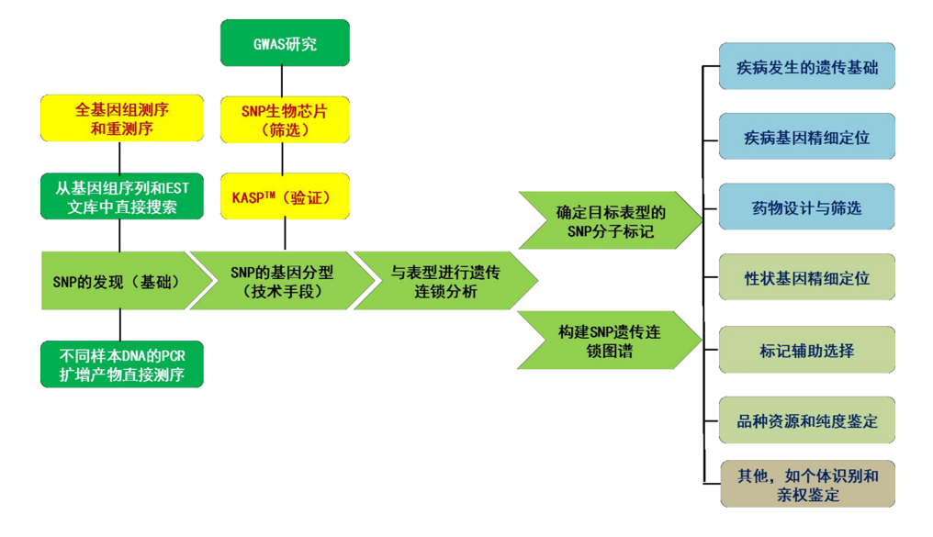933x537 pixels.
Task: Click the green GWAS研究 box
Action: point(285,43)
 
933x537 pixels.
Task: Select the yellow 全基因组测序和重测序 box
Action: point(121,118)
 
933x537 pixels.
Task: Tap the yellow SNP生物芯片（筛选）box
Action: point(285,119)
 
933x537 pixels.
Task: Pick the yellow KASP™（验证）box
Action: point(285,196)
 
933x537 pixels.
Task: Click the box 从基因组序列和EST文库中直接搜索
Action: point(121,196)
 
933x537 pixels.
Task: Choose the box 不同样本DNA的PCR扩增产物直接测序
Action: point(121,364)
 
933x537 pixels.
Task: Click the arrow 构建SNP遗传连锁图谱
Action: point(606,340)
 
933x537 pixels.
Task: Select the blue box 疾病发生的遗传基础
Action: point(806,67)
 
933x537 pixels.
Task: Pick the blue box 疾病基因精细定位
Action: point(806,138)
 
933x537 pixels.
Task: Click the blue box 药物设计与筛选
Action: point(806,207)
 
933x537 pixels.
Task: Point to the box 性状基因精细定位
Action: point(806,277)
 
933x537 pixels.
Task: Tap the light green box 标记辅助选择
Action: point(806,350)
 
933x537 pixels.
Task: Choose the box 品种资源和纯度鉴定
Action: point(806,420)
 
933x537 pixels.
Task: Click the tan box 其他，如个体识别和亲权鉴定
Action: point(806,485)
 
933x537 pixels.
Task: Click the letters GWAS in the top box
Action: point(270,43)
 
